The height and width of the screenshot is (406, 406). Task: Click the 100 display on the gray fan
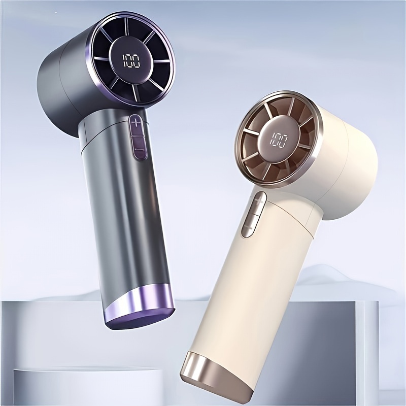click(x=131, y=61)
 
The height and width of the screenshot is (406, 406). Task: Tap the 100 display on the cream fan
click(x=279, y=141)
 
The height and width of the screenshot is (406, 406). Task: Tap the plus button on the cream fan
click(x=258, y=202)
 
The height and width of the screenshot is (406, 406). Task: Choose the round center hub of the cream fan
click(x=279, y=141)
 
